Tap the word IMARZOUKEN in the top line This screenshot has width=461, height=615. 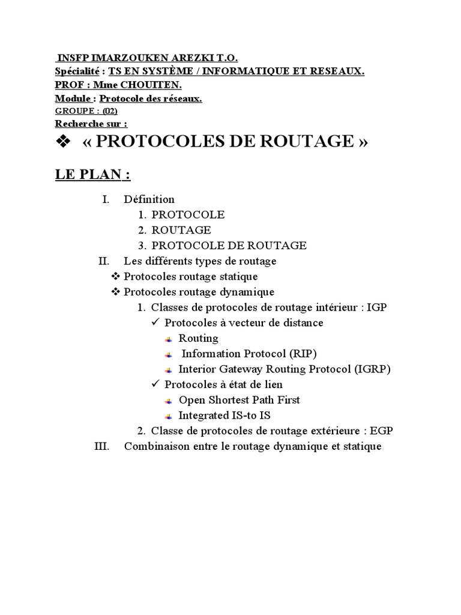[114, 58]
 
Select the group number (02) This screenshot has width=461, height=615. [110, 111]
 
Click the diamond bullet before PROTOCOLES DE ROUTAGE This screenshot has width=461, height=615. [63, 142]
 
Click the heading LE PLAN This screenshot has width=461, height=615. [92, 175]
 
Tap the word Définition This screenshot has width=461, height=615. [149, 199]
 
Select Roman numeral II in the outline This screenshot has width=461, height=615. [104, 261]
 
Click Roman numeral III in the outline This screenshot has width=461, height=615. [102, 447]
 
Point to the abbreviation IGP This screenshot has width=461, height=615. [376, 307]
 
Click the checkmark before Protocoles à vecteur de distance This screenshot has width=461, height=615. [155, 323]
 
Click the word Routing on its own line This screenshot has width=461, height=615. [198, 338]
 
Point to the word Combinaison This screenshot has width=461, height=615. [152, 447]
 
